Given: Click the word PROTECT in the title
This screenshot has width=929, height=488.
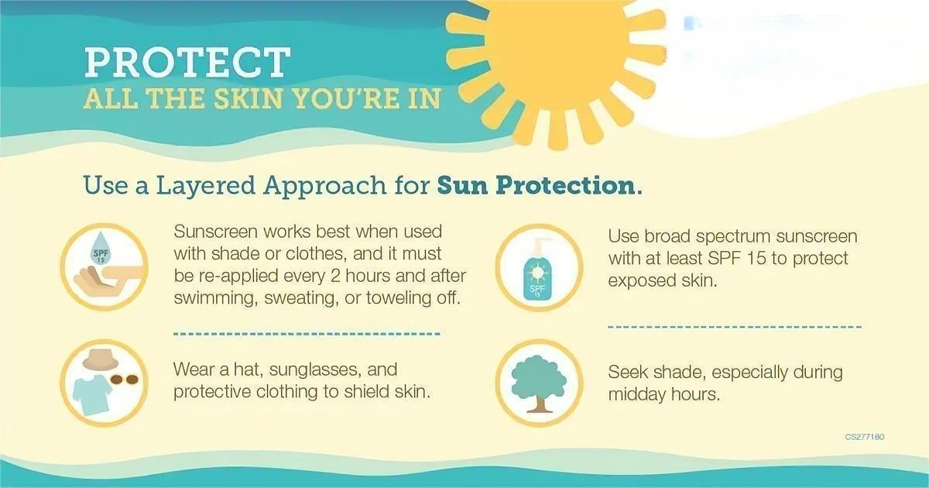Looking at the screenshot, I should coord(187,62).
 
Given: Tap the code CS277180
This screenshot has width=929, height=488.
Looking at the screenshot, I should coord(865,437).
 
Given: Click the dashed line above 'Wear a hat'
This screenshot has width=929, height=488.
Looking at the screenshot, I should coord(306,334).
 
